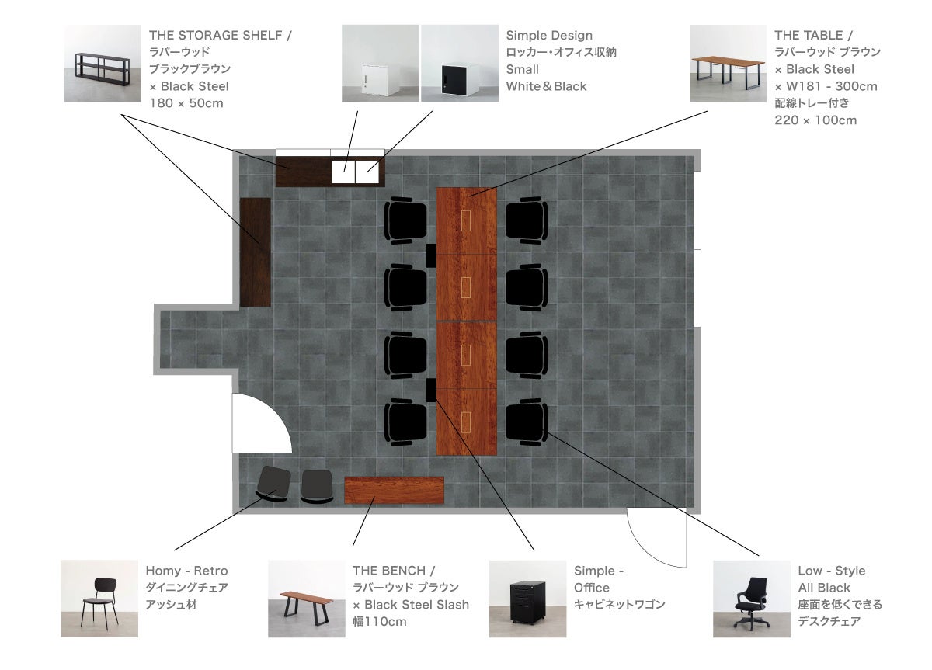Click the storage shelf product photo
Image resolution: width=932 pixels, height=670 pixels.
pyautogui.click(x=103, y=64)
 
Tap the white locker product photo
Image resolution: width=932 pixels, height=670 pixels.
pyautogui.click(x=380, y=64)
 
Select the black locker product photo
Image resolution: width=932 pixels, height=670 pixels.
pyautogui.click(x=460, y=64)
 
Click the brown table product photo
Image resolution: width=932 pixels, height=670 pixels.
pyautogui.click(x=729, y=64)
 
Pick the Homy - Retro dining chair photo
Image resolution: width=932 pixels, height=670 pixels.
pyautogui.click(x=99, y=599)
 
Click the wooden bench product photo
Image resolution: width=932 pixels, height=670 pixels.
pyautogui.click(x=307, y=599)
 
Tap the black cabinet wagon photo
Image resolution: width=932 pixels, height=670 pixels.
pyautogui.click(x=528, y=599)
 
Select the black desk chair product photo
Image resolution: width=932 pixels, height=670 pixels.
pyautogui.click(x=751, y=599)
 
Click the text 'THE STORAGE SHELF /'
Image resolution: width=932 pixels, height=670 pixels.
pyautogui.click(x=221, y=36)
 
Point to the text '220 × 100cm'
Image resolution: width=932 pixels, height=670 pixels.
pyautogui.click(x=815, y=120)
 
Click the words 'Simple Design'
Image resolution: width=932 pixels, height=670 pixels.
pyautogui.click(x=549, y=36)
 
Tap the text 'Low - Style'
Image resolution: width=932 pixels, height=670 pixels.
pyautogui.click(x=832, y=571)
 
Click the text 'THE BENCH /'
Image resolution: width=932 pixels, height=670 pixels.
pyautogui.click(x=394, y=571)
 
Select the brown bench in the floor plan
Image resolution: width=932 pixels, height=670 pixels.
pyautogui.click(x=394, y=491)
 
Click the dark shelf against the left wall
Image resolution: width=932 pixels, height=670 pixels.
pyautogui.click(x=255, y=252)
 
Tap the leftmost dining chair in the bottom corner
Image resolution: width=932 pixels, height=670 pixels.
pyautogui.click(x=273, y=484)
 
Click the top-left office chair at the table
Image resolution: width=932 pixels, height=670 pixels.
pyautogui.click(x=406, y=220)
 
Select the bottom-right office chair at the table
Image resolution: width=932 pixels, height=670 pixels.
pyautogui.click(x=527, y=423)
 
